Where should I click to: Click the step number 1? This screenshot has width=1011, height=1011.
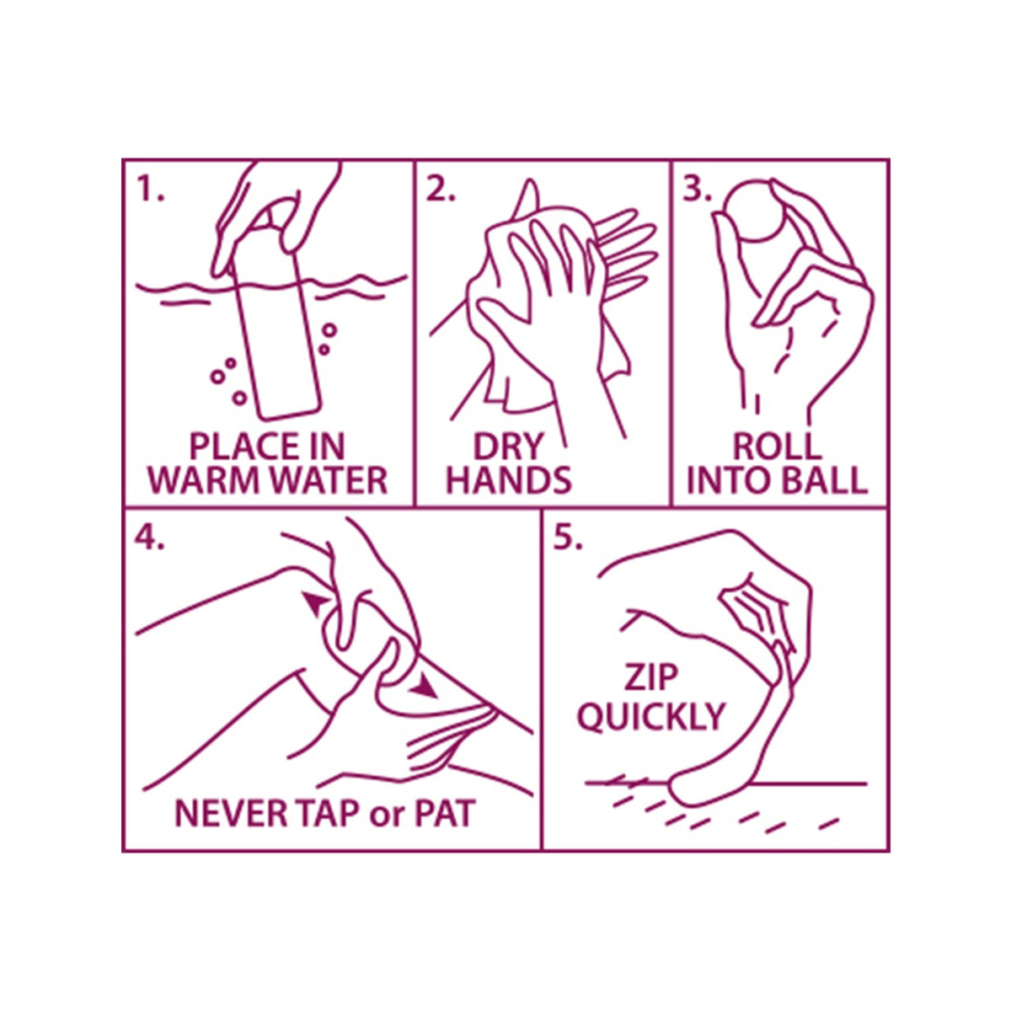point(150,190)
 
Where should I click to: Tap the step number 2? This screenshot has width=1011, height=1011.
point(440,190)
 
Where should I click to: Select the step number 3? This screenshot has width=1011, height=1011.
point(697,190)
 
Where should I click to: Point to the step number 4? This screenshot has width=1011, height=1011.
point(149,537)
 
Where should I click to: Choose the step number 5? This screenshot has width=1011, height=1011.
point(568,537)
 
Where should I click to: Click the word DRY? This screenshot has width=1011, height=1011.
point(507,447)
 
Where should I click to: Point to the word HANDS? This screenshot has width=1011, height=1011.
point(508,480)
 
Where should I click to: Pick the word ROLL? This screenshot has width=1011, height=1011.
point(777,447)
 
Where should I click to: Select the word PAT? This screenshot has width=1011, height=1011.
point(445,814)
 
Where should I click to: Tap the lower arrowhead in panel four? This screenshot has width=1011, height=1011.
point(424,687)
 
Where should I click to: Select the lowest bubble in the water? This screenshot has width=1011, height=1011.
point(240,399)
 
